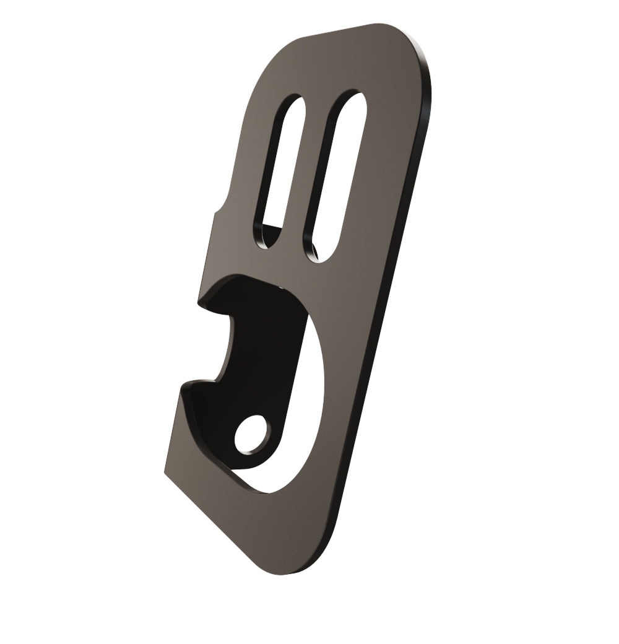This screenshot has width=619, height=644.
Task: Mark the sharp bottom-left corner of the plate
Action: (x=165, y=474)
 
